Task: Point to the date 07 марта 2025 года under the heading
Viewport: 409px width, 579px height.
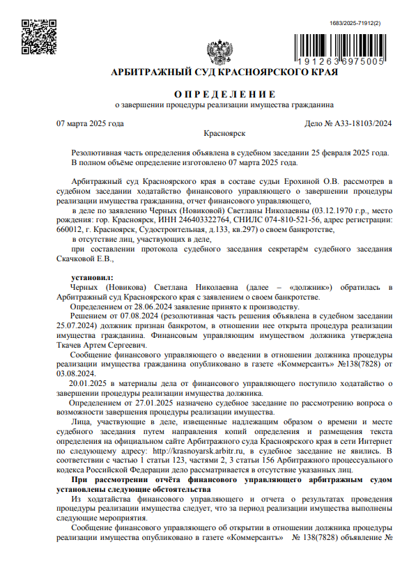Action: coord(90,124)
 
